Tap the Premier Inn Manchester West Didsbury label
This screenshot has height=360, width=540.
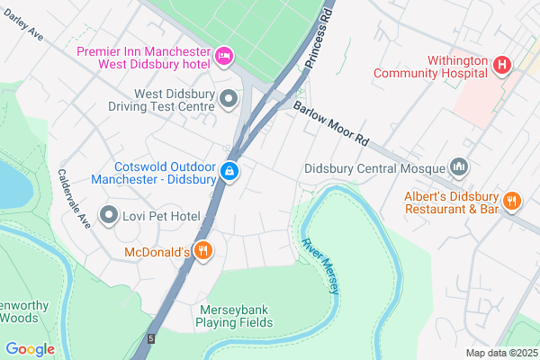142,58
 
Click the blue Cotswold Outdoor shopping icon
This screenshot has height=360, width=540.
230,170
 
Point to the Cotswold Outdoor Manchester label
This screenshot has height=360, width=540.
154,173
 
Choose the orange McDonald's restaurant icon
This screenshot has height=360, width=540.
204,251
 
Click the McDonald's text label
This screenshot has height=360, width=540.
157,252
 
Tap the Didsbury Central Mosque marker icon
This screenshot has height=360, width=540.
460,167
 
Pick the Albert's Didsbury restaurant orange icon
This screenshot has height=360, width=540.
512,202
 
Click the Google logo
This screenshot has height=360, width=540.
30,348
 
